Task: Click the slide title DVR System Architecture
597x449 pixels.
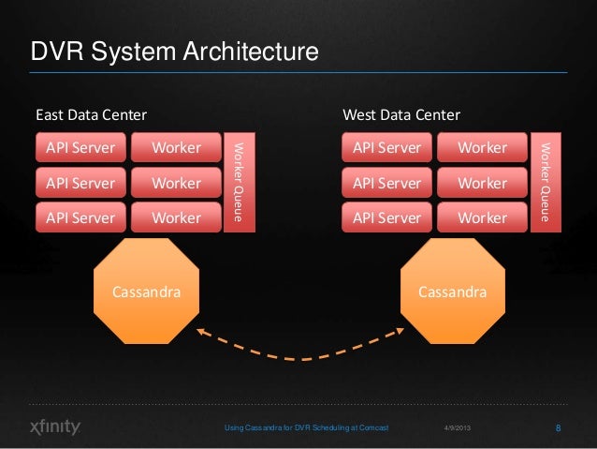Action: click(175, 51)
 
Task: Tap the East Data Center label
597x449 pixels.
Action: click(91, 115)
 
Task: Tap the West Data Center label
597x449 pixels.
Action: click(401, 115)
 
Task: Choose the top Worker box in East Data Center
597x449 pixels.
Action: click(176, 148)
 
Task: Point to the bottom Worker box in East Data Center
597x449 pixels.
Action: click(176, 217)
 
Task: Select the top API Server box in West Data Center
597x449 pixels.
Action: click(387, 148)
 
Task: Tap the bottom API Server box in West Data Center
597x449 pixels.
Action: click(387, 217)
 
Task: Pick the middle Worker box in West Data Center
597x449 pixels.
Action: click(482, 183)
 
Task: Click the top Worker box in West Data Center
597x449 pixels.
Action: click(482, 148)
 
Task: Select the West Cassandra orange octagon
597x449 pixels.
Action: click(452, 292)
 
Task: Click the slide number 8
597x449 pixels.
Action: click(558, 428)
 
